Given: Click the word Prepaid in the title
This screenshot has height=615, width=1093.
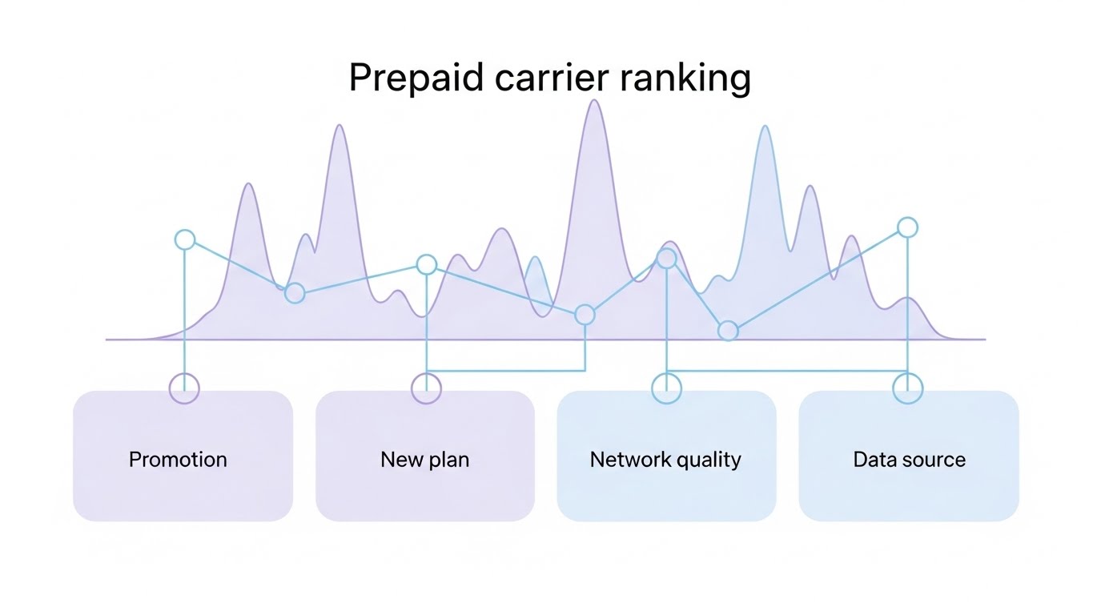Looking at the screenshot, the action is click(x=416, y=79).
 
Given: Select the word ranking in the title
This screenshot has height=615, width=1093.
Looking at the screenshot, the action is click(x=685, y=79).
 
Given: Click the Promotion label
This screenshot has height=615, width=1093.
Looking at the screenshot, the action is click(x=178, y=460).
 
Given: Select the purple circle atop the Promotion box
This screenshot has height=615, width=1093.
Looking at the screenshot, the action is click(x=184, y=389).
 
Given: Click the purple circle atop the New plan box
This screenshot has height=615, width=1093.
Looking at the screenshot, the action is click(x=426, y=389).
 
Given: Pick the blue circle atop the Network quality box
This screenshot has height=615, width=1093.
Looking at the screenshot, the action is click(x=666, y=389).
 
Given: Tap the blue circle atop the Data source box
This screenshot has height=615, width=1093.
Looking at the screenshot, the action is click(x=907, y=389).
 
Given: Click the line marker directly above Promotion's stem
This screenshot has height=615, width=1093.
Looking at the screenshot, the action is click(x=185, y=239).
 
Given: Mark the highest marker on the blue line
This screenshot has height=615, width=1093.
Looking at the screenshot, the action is click(x=907, y=227).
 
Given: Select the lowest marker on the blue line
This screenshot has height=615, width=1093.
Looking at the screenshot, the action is click(x=728, y=330).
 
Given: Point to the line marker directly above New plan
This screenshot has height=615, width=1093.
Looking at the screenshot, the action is click(x=427, y=264).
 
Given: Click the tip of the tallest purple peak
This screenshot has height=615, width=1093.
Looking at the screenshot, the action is click(x=594, y=101).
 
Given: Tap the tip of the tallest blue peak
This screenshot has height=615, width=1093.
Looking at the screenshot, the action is click(x=766, y=127).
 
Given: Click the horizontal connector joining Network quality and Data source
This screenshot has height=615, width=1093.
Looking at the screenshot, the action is click(x=786, y=371).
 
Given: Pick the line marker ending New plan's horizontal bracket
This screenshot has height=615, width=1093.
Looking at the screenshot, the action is click(x=585, y=315).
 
